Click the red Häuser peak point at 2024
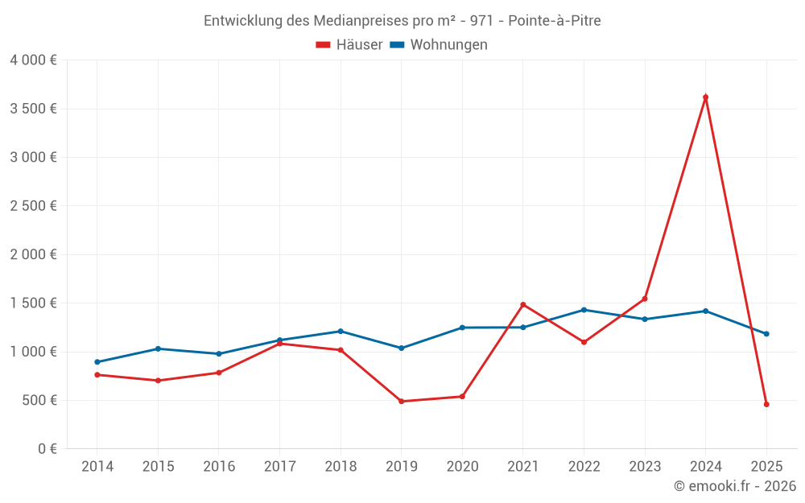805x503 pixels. point(705,97)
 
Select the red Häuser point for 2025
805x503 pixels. point(766,404)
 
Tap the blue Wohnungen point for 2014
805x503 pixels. point(97,362)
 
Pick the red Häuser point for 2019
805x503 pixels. point(401,401)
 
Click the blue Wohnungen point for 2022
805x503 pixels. point(584,310)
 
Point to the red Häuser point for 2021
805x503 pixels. point(522,304)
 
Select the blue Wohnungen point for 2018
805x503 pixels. point(341,331)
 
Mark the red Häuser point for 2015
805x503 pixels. point(158,381)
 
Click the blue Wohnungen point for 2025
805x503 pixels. point(766,334)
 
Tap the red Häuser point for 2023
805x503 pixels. point(645,299)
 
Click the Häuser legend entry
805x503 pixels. point(349,45)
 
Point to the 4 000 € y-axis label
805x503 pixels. point(33,60)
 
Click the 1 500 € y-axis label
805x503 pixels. point(33,303)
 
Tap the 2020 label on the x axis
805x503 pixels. point(462,467)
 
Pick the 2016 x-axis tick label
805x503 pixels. point(219,467)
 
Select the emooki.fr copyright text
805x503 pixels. point(734,486)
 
